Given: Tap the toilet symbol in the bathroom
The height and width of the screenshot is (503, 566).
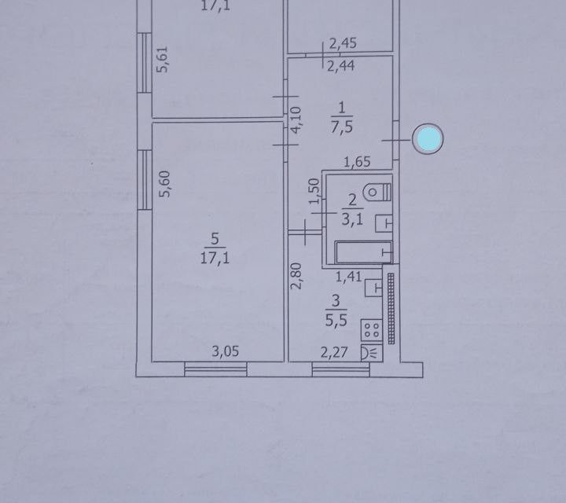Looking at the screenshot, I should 380,191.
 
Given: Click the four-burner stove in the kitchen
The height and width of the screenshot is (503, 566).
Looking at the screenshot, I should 371,329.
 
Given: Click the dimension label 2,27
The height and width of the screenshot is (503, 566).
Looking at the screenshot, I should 331,351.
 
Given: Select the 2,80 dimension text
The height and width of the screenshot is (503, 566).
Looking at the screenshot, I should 296,277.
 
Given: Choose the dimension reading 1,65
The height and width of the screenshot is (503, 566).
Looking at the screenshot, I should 358,163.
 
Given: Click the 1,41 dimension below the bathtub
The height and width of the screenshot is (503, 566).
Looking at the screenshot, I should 349,275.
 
